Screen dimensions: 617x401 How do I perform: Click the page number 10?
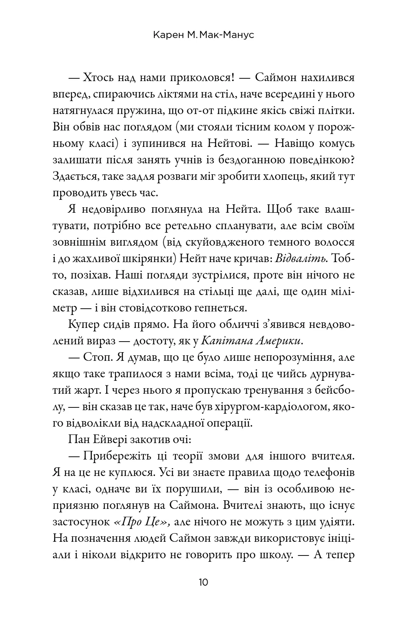[203, 582]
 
